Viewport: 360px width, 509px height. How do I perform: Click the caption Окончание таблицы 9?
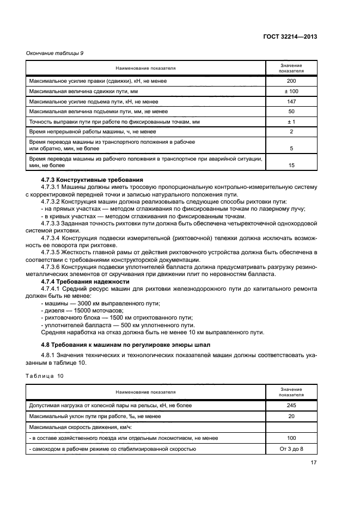click(55, 53)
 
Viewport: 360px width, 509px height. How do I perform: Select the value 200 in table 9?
click(291, 81)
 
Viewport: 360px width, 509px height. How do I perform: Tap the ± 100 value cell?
click(291, 91)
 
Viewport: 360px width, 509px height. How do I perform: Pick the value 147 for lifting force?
click(291, 101)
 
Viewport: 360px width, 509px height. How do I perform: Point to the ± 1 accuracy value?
click(291, 121)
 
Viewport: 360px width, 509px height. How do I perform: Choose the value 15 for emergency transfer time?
click(291, 165)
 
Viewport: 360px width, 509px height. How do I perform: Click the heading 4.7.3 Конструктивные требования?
click(92, 180)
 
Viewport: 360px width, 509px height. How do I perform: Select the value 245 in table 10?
click(291, 405)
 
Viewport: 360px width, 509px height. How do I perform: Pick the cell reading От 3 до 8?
click(291, 449)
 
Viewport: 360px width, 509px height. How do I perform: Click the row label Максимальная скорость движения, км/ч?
click(74, 427)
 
